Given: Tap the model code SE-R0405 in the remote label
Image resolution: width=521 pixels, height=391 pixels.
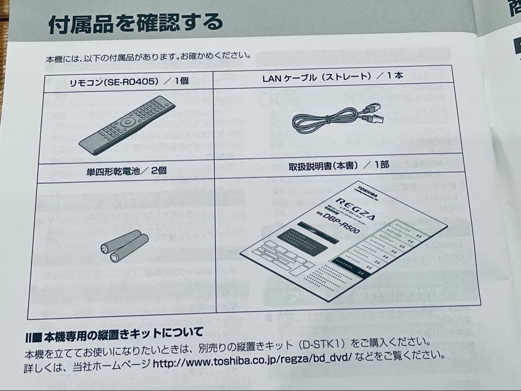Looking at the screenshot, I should (132, 82).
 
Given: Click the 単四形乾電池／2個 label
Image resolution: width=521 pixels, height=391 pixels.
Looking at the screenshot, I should (126, 171).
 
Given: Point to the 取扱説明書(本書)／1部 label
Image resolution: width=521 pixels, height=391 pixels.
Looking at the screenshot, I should (338, 166).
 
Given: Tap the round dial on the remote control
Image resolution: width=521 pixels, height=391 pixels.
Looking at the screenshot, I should (127, 122).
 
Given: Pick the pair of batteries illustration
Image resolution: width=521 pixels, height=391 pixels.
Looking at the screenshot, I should (124, 244).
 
